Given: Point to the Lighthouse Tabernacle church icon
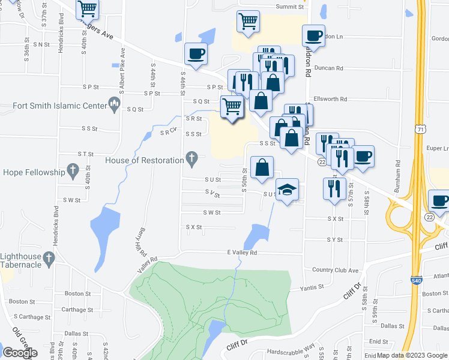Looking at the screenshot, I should click(x=49, y=258).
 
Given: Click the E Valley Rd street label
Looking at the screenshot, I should click(x=241, y=253).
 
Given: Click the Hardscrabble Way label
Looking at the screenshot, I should click(x=291, y=346).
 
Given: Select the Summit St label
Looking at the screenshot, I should click(x=290, y=7).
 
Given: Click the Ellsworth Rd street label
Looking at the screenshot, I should click(x=330, y=99).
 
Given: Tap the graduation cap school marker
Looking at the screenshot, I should click(x=288, y=189).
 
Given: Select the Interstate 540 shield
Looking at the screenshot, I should click(x=416, y=280).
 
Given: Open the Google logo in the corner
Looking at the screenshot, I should click(x=20, y=353).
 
